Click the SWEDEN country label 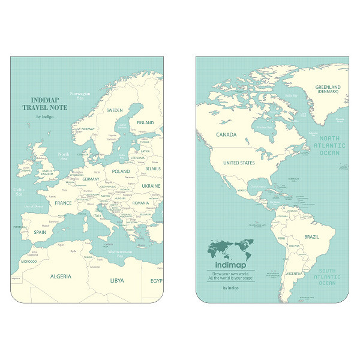(x=115, y=110)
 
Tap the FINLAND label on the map (x=146, y=122)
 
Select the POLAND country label (x=120, y=170)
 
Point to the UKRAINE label (x=151, y=186)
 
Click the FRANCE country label (x=63, y=203)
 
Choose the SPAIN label (x=40, y=232)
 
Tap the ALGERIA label (x=61, y=277)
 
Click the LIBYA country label (x=117, y=280)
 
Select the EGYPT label (x=156, y=280)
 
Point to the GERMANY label (x=91, y=179)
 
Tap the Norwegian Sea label (x=80, y=96)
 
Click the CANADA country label (x=226, y=135)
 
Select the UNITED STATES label (x=239, y=163)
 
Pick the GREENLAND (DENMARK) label (x=328, y=90)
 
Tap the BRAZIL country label (x=311, y=237)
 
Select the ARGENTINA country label (x=294, y=273)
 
